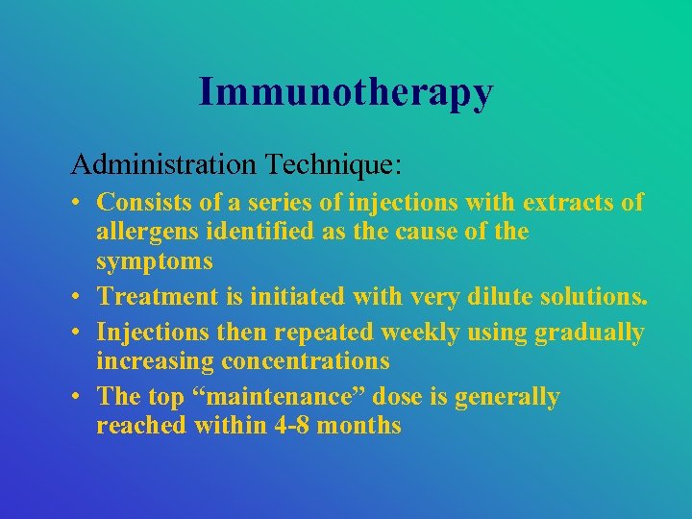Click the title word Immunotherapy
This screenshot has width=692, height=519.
[x=346, y=92]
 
